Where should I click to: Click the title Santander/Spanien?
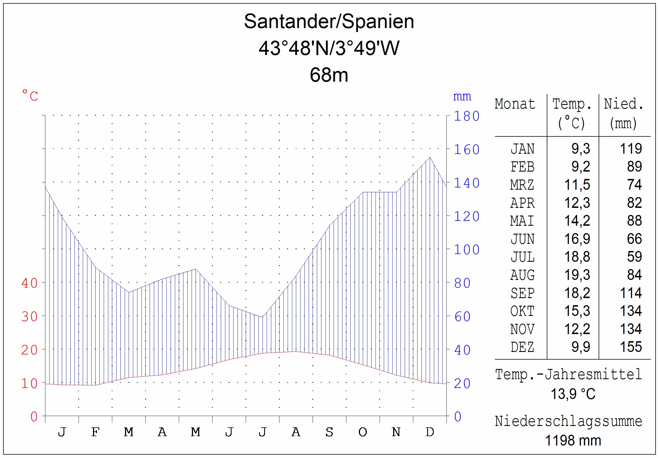(x=329, y=22)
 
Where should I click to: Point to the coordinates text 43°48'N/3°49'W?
(x=329, y=48)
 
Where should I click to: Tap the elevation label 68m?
(x=329, y=75)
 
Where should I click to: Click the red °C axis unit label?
(x=30, y=96)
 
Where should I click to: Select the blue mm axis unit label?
(x=462, y=96)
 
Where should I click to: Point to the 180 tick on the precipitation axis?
(x=467, y=116)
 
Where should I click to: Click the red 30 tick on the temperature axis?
(x=29, y=316)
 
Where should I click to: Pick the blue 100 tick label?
(x=467, y=250)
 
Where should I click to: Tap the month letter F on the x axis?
(x=95, y=432)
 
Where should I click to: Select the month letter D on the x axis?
(x=430, y=432)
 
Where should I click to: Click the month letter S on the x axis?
(x=329, y=432)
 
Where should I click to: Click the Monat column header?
(x=515, y=104)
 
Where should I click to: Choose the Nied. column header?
(x=624, y=104)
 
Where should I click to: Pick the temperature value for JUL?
(x=577, y=257)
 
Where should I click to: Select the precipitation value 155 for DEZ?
(x=631, y=347)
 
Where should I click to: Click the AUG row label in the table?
(x=522, y=275)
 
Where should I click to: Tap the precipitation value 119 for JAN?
(x=631, y=149)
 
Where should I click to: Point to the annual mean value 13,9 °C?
(x=573, y=394)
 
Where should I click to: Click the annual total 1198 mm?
(x=573, y=440)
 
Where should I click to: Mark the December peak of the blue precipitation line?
(x=430, y=157)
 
